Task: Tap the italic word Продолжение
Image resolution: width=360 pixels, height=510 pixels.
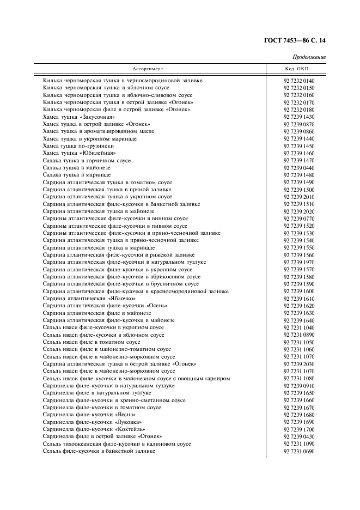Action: [x=309, y=57]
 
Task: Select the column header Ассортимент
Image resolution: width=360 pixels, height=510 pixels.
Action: [x=148, y=69]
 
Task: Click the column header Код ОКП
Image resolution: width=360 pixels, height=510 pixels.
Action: [x=297, y=69]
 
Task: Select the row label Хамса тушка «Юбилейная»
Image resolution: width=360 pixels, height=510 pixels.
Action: [x=71, y=154]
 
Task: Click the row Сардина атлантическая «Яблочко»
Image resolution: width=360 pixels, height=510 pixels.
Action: [x=89, y=299]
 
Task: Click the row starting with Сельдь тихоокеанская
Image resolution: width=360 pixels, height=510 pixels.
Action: [x=117, y=444]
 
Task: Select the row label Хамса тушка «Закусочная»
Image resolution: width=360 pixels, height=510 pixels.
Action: [x=78, y=117]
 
